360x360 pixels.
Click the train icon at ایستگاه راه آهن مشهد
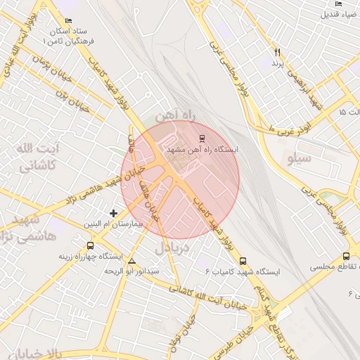pos(202,138)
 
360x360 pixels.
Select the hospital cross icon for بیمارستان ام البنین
pos(114,212)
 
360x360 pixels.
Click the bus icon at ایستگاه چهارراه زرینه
pos(90,245)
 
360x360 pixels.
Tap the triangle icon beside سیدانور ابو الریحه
pos(132,262)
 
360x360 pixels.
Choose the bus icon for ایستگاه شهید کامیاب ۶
pos(243,260)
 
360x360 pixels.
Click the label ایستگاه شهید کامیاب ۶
pos(243,271)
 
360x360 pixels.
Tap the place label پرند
pos(276,64)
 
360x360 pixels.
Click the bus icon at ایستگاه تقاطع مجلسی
pos(346,257)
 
